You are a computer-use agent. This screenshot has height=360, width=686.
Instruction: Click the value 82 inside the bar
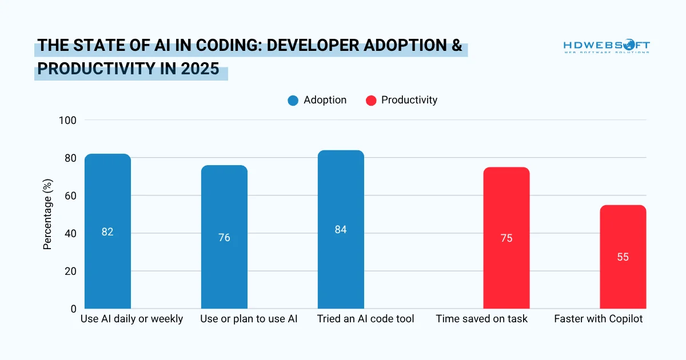pyautogui.click(x=107, y=232)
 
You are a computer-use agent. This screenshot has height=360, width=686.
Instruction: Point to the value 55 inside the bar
pyautogui.click(x=623, y=257)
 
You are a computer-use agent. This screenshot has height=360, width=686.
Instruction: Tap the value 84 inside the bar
pyautogui.click(x=341, y=230)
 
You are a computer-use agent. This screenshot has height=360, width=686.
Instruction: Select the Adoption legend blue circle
pyautogui.click(x=293, y=101)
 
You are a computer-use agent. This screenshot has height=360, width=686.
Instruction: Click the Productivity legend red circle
pyautogui.click(x=371, y=101)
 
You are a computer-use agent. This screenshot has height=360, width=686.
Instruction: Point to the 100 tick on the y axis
pyautogui.click(x=67, y=120)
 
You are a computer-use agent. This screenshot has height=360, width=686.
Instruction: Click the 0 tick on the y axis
pyautogui.click(x=73, y=309)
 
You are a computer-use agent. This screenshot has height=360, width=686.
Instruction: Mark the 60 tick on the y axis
pyautogui.click(x=70, y=195)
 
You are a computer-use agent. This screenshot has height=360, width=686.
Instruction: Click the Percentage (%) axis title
pyautogui.click(x=48, y=214)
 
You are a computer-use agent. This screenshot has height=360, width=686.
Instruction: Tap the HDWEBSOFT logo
pyautogui.click(x=607, y=46)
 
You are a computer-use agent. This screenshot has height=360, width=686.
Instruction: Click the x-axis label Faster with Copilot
pyautogui.click(x=599, y=319)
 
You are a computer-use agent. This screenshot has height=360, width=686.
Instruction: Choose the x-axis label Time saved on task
pyautogui.click(x=482, y=319)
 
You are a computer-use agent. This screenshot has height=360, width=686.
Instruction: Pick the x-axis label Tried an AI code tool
pyautogui.click(x=366, y=319)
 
